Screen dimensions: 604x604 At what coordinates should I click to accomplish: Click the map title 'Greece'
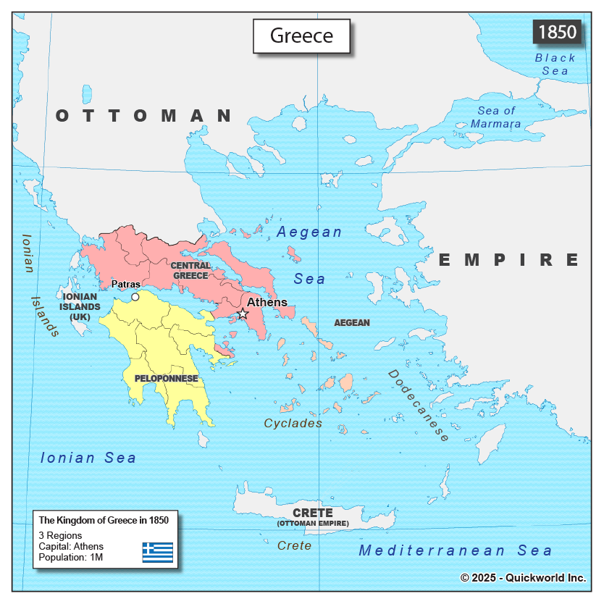point(301,35)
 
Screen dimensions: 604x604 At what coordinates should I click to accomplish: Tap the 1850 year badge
point(557,33)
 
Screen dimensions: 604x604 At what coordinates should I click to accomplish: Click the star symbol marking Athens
point(243,314)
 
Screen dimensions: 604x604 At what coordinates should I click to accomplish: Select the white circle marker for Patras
point(135,297)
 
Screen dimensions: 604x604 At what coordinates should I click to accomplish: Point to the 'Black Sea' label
point(555,64)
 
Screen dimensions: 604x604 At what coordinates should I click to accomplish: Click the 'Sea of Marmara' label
point(496,117)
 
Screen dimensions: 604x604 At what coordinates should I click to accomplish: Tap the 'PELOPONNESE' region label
point(166,378)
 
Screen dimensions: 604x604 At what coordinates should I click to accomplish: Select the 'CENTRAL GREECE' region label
point(190,270)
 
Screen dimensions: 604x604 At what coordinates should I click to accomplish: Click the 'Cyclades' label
point(293,423)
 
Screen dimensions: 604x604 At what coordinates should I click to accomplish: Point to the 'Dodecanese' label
point(419,405)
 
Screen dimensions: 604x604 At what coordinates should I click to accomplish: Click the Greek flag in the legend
point(157,553)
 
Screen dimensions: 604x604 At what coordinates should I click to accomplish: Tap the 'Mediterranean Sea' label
point(456,550)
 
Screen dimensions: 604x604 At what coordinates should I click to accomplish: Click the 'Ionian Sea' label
point(88,458)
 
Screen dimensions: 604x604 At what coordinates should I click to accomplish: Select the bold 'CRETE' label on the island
point(312,512)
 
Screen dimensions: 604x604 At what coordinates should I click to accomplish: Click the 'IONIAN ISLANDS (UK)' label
point(81,307)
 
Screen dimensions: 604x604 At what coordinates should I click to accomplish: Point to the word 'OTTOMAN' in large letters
point(144,115)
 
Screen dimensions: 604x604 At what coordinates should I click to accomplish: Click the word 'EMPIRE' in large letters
point(509,259)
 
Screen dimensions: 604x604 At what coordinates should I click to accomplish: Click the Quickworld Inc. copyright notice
point(523,577)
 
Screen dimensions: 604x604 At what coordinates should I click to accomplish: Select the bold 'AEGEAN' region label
point(352,322)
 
